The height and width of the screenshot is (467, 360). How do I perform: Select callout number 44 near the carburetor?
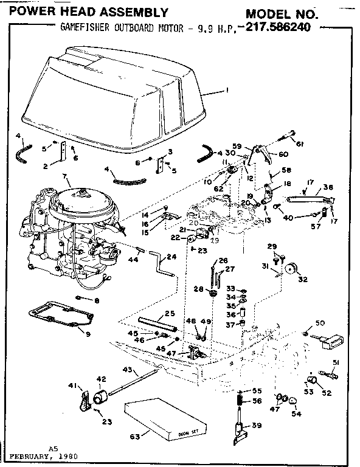point(133,260)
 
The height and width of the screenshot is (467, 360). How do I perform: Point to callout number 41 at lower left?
point(72,386)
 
